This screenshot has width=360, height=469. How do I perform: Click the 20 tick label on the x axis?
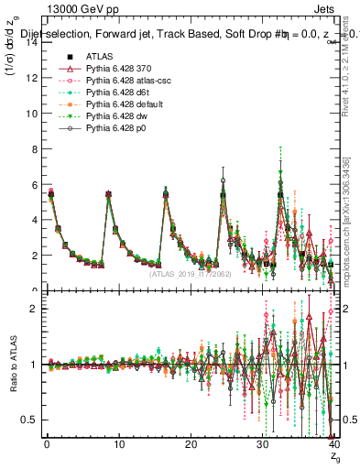pos(191,446)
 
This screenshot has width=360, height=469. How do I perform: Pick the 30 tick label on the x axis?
pos(262,446)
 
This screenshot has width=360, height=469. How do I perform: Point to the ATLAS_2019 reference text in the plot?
pos(191,273)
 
